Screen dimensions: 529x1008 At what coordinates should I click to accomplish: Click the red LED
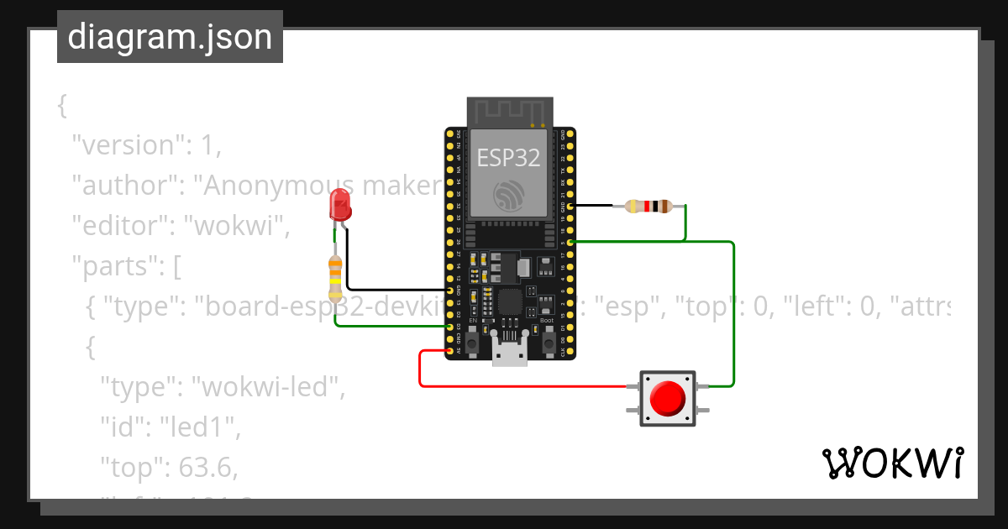click(339, 204)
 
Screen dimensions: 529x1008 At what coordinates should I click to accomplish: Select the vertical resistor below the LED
click(335, 278)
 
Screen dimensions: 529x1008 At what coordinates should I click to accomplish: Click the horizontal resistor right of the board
click(648, 206)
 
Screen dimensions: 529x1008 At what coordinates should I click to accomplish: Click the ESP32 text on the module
click(509, 156)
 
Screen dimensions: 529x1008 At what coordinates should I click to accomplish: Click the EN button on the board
click(473, 344)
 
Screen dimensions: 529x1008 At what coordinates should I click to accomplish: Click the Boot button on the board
click(548, 343)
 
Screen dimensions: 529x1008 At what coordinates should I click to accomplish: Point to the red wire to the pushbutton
click(521, 386)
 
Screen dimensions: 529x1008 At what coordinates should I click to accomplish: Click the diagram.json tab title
click(170, 37)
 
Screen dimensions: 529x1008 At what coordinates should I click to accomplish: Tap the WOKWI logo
click(891, 464)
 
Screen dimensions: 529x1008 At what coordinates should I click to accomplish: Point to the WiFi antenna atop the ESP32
click(510, 111)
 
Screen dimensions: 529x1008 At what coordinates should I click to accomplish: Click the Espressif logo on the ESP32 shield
click(510, 195)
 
